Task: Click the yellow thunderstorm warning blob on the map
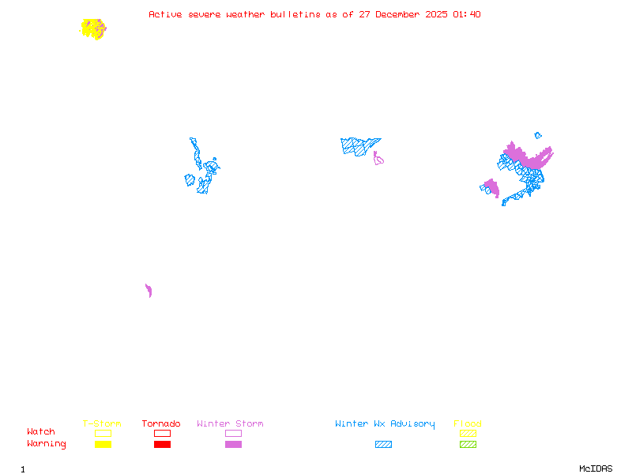[x=92, y=28]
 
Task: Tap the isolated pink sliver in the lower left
[x=149, y=291]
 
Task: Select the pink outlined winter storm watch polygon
[x=378, y=159]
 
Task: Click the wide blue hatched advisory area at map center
[x=359, y=145]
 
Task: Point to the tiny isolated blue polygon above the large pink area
[x=538, y=136]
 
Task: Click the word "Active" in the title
[x=166, y=14]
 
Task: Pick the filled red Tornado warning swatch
[x=162, y=445]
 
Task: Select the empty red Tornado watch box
[x=162, y=433]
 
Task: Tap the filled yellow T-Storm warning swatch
[x=103, y=445]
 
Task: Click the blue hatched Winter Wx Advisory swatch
[x=383, y=445]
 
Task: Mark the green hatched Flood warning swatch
[x=468, y=445]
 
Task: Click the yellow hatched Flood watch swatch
[x=468, y=433]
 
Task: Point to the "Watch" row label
[x=41, y=432]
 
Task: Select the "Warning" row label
[x=46, y=444]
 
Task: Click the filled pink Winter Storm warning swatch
[x=233, y=445]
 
